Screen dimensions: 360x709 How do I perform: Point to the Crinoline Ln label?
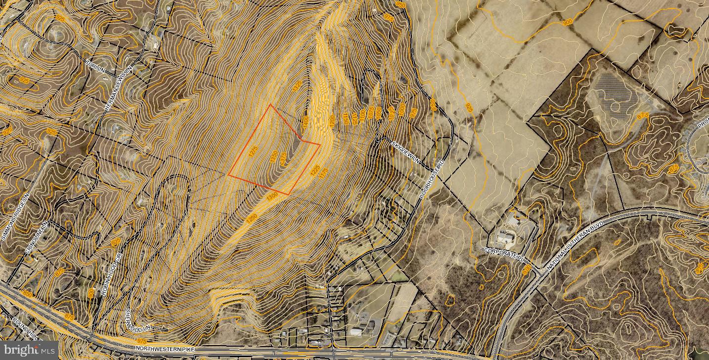pos(38,238)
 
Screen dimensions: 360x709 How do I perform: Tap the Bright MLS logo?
pos(29,350)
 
